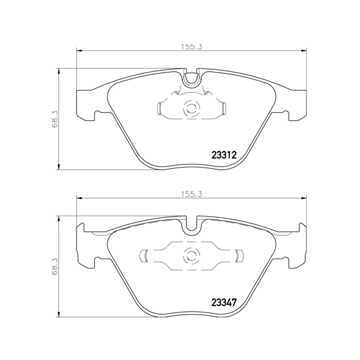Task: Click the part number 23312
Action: coord(224,155)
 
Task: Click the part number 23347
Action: coord(224,303)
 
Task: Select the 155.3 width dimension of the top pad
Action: coord(192,47)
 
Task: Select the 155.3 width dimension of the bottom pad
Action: coord(192,194)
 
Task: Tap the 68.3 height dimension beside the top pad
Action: coord(55,119)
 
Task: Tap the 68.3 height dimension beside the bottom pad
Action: coord(55,266)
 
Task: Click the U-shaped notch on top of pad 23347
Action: coord(191,224)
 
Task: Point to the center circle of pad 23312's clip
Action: coord(191,108)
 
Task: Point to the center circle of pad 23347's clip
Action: coord(191,256)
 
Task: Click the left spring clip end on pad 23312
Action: coord(159,108)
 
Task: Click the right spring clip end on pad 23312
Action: coord(224,108)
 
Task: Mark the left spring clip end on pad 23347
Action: coord(144,256)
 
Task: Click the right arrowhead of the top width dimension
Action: coord(304,51)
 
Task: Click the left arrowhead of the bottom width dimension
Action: coord(79,198)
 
